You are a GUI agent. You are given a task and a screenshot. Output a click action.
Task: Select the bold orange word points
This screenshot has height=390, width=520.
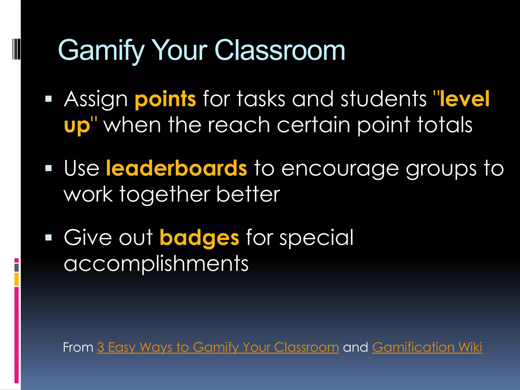coord(165,99)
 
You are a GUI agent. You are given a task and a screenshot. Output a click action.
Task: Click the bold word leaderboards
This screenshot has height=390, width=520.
coord(176,168)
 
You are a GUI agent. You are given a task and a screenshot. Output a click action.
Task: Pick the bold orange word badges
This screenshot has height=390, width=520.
coord(199,238)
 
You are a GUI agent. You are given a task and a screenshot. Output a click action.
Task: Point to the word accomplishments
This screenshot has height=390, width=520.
coord(156,264)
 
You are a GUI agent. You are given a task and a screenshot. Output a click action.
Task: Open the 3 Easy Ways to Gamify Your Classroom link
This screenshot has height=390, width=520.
coord(218,347)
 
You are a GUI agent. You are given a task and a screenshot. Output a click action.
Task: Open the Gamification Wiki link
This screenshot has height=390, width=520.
coord(427,347)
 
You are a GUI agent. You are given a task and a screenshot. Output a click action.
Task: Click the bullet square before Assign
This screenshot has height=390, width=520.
coord(48,99)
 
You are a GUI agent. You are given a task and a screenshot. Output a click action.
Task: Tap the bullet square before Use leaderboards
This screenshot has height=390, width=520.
coord(48,168)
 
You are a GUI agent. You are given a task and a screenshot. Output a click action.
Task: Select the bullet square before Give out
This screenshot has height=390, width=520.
coord(48,237)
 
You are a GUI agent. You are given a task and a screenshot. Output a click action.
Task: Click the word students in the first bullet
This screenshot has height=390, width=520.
coord(383,99)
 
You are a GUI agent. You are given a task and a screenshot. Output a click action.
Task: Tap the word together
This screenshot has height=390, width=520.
coord(165,194)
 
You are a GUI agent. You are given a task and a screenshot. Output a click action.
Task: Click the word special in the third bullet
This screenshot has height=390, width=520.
coord(316,238)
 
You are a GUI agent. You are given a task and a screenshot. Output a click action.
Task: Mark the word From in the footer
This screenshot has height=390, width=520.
coord(78,347)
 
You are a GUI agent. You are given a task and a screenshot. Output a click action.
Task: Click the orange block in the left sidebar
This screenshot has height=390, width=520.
coord(17,279)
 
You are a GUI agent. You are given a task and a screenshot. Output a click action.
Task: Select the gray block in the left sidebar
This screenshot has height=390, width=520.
coord(17,267)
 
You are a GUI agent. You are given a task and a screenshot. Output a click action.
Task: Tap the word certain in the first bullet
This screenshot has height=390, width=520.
coord(314,125)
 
